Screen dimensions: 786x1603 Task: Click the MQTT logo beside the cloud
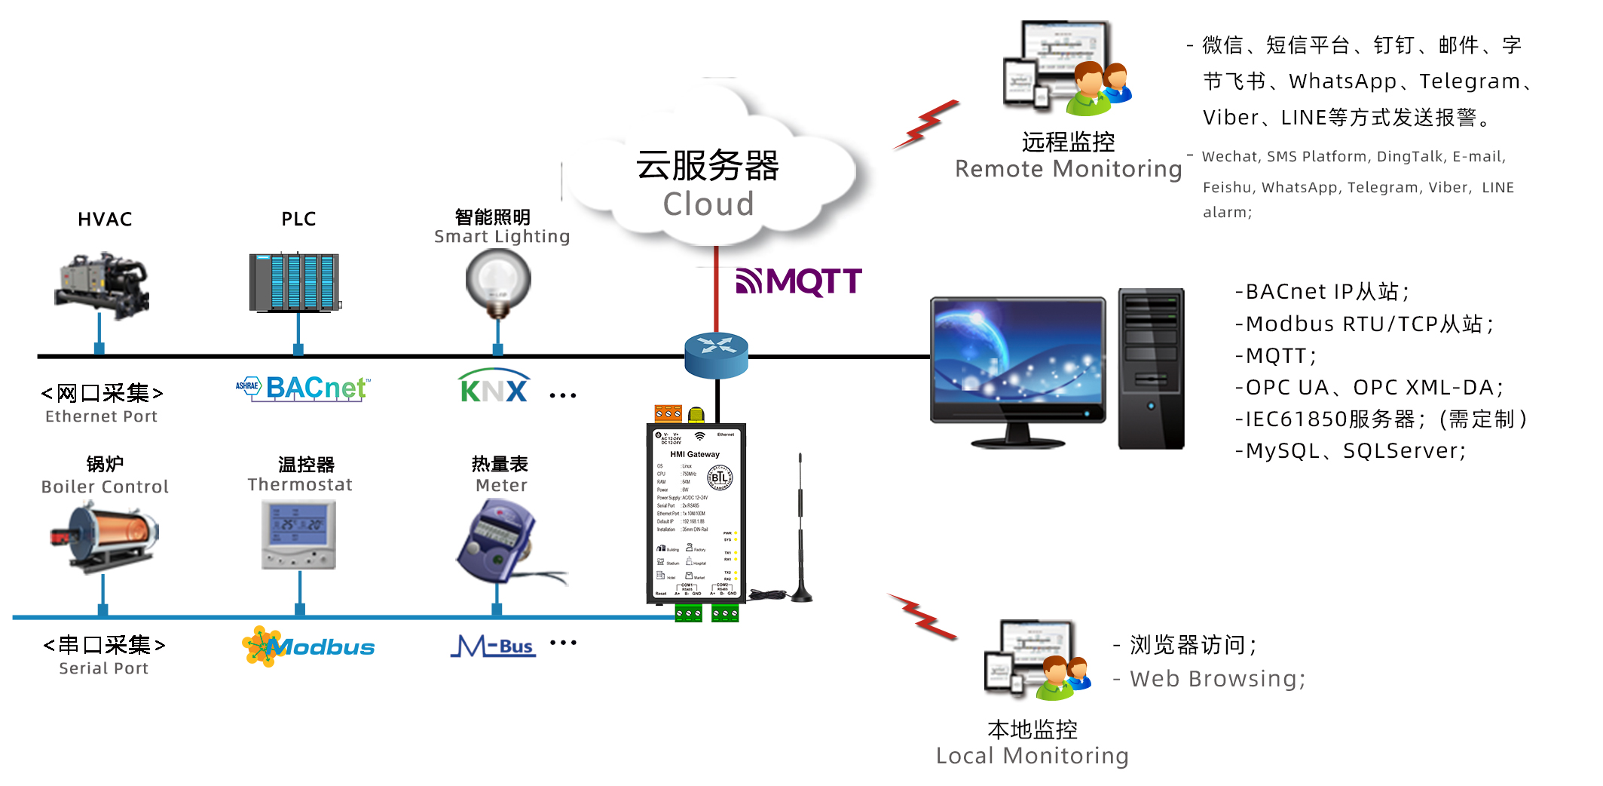[799, 282]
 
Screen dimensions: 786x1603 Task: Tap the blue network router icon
[716, 354]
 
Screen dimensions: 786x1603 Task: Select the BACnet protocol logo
[303, 388]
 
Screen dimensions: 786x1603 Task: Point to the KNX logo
[494, 386]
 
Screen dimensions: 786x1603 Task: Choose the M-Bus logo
[494, 646]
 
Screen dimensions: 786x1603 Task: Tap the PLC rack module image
[295, 282]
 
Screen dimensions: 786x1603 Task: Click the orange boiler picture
[105, 536]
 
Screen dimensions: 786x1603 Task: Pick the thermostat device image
[298, 534]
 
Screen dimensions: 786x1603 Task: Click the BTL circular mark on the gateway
[719, 477]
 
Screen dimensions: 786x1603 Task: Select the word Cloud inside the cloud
[708, 204]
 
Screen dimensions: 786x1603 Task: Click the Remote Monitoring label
[1068, 169]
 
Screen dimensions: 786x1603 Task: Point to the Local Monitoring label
[1032, 755]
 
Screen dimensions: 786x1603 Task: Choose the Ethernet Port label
[101, 416]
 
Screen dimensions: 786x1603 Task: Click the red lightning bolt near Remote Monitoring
[928, 124]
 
